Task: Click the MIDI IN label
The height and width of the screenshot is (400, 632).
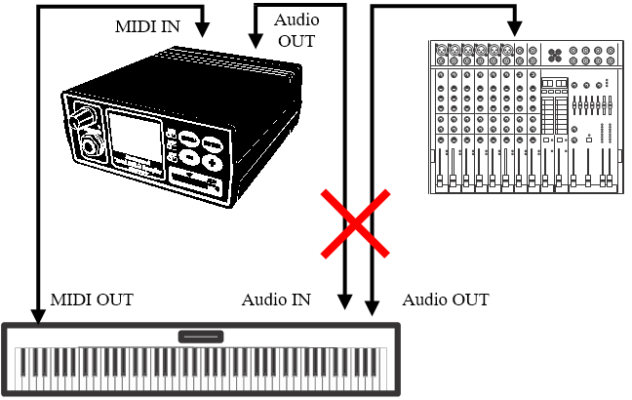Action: click(148, 26)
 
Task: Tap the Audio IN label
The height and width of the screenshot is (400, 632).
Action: click(276, 300)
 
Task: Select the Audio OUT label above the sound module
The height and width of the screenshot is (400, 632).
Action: click(296, 30)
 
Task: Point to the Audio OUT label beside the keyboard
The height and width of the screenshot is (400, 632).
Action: click(446, 300)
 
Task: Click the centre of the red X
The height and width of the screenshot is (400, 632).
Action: click(357, 223)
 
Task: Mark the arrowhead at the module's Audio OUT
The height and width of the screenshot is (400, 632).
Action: click(256, 40)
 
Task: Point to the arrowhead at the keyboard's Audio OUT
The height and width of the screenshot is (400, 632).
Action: click(372, 308)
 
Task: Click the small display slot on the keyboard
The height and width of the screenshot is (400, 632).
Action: click(201, 337)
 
